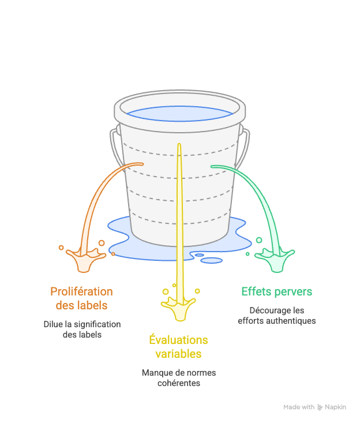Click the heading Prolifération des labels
(x=81, y=298)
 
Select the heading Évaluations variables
(x=178, y=346)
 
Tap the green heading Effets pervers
(x=276, y=291)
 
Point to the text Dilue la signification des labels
(x=82, y=329)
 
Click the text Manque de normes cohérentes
(x=178, y=378)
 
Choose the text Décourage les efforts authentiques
(x=276, y=315)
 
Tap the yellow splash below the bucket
(x=178, y=308)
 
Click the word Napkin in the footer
(x=336, y=407)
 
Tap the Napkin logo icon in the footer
(x=320, y=407)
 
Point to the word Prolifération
(x=81, y=291)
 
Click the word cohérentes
(x=178, y=383)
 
